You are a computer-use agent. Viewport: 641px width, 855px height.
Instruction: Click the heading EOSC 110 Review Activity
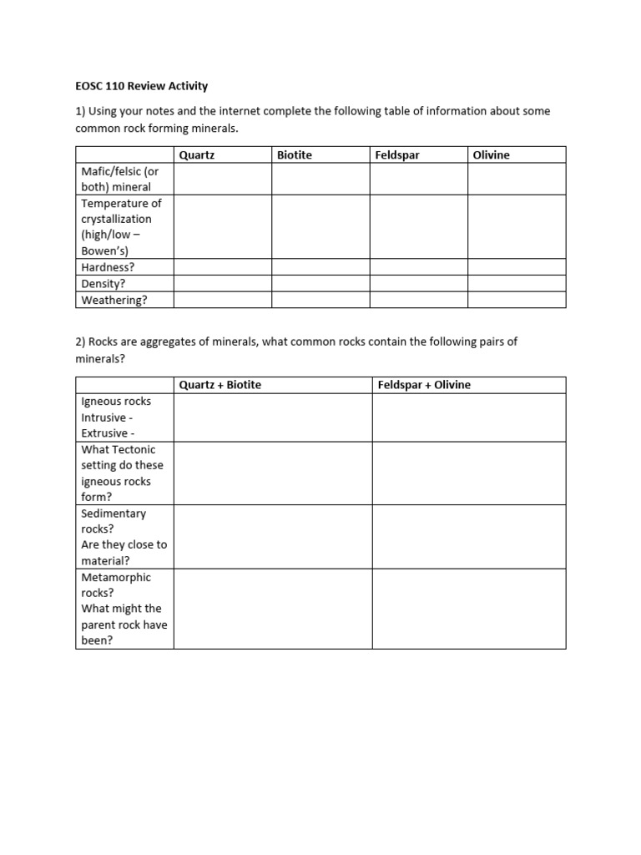(141, 86)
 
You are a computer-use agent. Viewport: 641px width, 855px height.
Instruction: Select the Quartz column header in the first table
(197, 155)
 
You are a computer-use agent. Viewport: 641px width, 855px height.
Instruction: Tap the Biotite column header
(295, 155)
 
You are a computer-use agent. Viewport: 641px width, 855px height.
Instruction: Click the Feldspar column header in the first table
(398, 155)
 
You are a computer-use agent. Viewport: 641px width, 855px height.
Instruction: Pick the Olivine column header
(491, 155)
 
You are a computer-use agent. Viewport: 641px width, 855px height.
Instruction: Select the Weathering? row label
(114, 300)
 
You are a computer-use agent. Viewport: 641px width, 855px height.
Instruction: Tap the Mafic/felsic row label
(119, 180)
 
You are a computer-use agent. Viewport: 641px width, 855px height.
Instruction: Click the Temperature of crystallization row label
(121, 226)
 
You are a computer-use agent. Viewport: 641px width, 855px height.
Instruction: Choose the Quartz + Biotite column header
(220, 385)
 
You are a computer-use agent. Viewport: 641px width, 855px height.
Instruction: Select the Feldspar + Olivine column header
(424, 385)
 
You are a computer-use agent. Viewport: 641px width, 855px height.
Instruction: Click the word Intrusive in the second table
(103, 417)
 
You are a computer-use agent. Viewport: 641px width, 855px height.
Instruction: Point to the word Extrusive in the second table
(104, 433)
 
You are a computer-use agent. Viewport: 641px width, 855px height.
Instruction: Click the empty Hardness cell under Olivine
(517, 268)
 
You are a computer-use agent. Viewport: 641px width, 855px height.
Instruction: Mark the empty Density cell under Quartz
(223, 284)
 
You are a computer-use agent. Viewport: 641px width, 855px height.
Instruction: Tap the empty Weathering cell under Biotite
(320, 300)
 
